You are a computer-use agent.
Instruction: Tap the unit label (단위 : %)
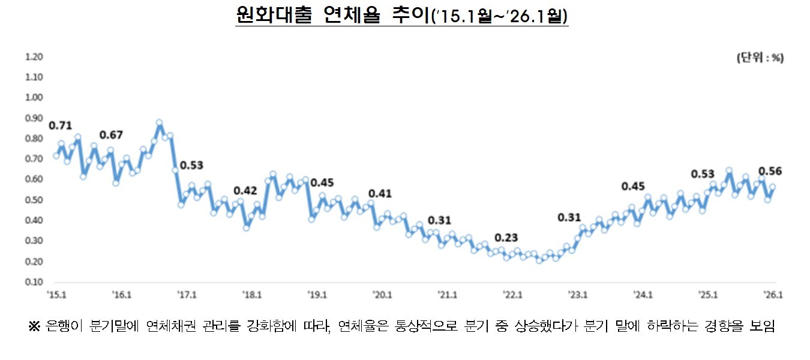tap(760, 58)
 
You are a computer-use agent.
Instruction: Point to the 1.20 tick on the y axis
tap(35, 57)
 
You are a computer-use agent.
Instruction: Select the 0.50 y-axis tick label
tap(35, 200)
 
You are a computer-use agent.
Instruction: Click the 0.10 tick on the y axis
tap(35, 282)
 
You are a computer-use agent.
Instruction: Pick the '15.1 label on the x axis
tap(56, 295)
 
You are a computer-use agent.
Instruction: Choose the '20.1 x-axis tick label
tap(382, 295)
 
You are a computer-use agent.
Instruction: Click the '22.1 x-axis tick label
tap(512, 295)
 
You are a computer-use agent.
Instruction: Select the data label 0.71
tap(60, 126)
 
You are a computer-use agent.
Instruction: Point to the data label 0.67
tap(112, 134)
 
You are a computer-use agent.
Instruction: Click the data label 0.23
tap(506, 237)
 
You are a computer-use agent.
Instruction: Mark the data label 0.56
tap(770, 172)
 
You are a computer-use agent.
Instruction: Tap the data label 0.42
tap(245, 191)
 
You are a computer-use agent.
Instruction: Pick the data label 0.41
tap(380, 194)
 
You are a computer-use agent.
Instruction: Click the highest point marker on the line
tap(159, 123)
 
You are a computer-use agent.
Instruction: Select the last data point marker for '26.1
tap(773, 187)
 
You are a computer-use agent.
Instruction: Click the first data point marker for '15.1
tap(56, 156)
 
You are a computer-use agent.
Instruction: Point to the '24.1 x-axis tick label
tap(643, 295)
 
